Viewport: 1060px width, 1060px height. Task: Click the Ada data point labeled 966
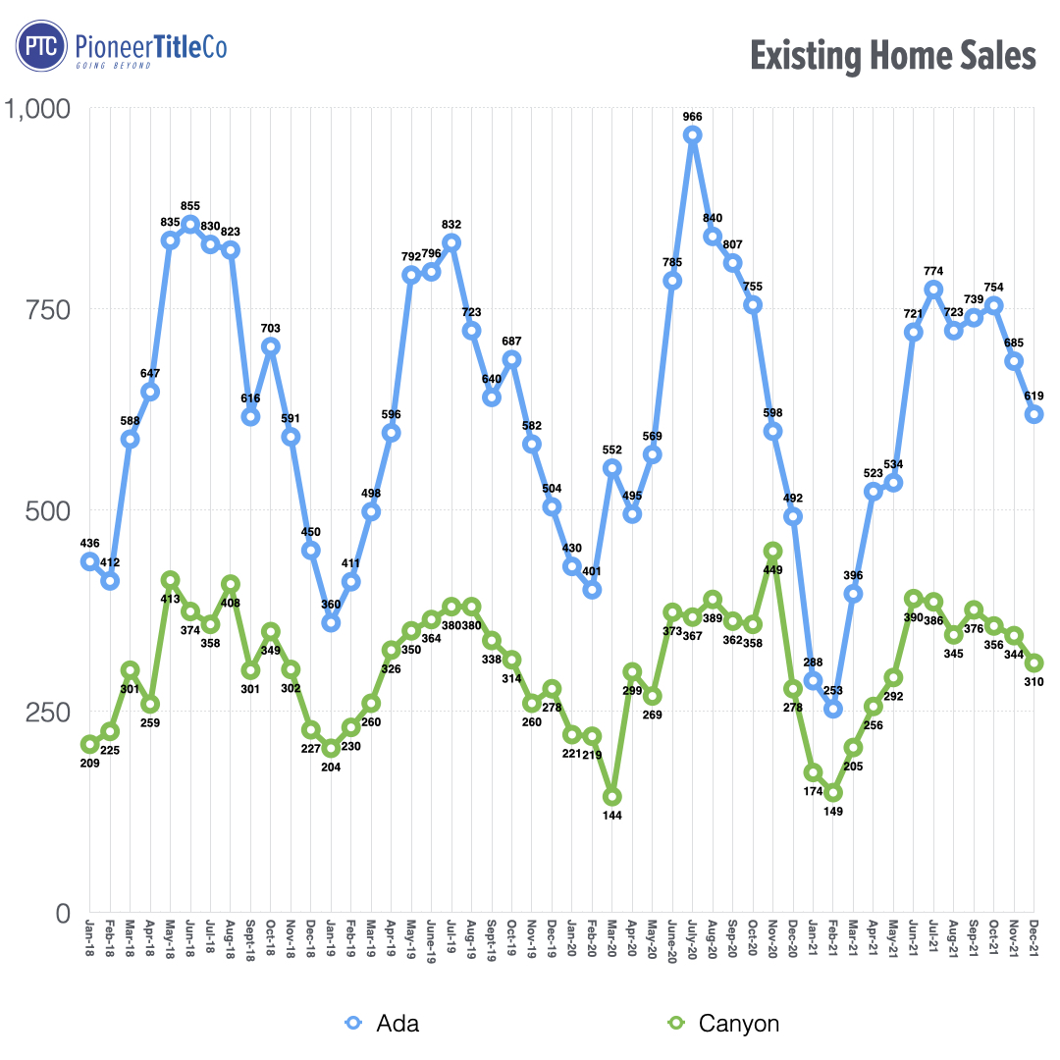(x=692, y=135)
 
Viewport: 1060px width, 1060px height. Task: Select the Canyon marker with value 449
(x=772, y=552)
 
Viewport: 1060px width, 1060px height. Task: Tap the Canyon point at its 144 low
(x=611, y=797)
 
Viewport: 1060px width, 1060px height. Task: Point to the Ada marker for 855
(x=190, y=225)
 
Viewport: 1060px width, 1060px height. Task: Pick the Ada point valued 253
(x=832, y=709)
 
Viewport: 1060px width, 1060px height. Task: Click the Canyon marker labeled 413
(x=170, y=580)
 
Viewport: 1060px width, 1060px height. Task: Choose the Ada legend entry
(x=383, y=1024)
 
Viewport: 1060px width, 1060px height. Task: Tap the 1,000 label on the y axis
(x=39, y=108)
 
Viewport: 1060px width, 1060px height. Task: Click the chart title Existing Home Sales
(x=892, y=55)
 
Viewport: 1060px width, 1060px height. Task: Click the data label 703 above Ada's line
(x=271, y=327)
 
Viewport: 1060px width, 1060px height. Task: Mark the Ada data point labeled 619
(x=1034, y=414)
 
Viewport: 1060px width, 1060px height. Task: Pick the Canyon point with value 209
(x=89, y=744)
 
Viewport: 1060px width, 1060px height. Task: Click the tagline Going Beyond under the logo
(x=113, y=66)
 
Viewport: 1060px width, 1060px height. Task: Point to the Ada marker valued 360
(x=331, y=622)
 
